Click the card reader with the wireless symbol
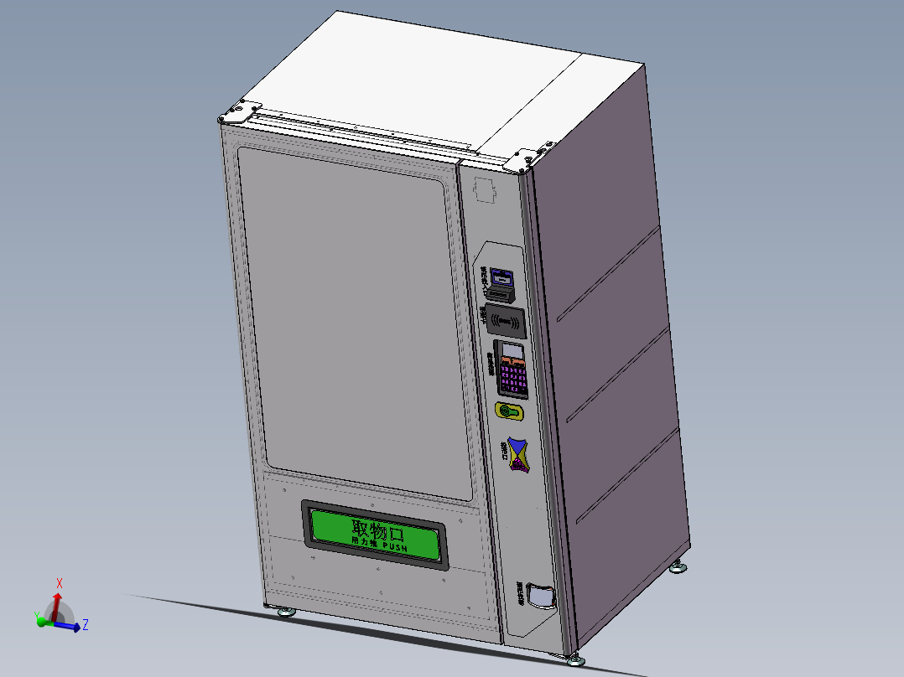tap(507, 319)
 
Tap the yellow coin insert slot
tap(509, 411)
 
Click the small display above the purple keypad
tap(512, 350)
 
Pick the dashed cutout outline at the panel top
tap(486, 190)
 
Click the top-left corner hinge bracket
tap(240, 112)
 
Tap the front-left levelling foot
tap(285, 612)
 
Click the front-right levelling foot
tap(574, 660)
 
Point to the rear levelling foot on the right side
tap(678, 570)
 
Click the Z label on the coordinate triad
tap(86, 624)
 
